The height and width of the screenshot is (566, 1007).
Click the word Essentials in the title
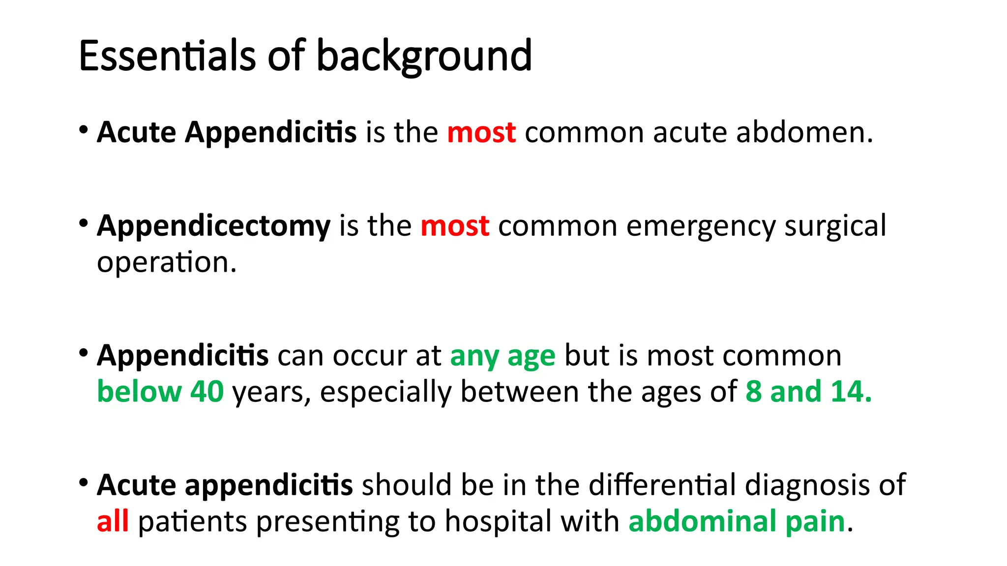point(167,56)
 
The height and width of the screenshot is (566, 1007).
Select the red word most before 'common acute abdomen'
point(481,133)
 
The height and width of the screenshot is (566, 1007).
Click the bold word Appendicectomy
point(214,227)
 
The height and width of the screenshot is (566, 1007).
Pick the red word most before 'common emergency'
point(455,226)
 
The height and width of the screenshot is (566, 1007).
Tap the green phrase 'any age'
point(503,356)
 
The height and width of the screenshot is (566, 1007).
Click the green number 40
point(207,392)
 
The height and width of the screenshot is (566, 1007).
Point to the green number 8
point(753,392)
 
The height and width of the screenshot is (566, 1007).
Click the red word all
point(113,521)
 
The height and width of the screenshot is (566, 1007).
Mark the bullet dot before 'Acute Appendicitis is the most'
point(84,130)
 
